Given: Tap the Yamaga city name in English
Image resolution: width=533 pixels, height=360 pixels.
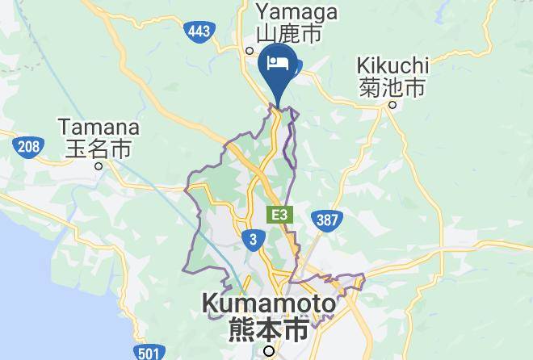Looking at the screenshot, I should (x=296, y=13).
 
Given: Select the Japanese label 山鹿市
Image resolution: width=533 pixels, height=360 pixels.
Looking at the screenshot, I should (x=289, y=34).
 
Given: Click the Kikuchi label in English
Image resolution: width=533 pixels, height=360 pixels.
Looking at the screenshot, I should (x=393, y=65).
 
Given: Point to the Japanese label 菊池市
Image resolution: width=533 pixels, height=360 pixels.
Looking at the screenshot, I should (x=392, y=86).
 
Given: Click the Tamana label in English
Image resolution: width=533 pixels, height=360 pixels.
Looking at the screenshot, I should (x=99, y=128).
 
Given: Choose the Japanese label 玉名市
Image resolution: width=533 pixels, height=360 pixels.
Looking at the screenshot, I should (x=98, y=149).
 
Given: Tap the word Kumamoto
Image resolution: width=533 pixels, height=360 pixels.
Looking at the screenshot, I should (x=268, y=304).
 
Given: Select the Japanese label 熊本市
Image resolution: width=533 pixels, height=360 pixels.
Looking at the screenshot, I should (x=269, y=329).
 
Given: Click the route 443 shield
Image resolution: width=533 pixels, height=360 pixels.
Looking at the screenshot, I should (x=199, y=31).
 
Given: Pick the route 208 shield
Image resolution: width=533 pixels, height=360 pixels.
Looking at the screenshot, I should (x=26, y=147).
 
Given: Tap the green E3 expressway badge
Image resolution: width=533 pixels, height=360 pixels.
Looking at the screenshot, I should (x=279, y=215).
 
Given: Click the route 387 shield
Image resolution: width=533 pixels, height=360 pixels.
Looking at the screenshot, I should (x=329, y=219).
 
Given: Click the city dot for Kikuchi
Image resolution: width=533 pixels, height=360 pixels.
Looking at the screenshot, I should (x=392, y=104).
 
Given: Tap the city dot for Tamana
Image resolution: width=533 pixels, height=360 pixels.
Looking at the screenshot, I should (x=99, y=166).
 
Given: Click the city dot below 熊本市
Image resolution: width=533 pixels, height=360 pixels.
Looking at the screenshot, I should (x=269, y=350).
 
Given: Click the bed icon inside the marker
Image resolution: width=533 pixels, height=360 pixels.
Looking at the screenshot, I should (x=279, y=62).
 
